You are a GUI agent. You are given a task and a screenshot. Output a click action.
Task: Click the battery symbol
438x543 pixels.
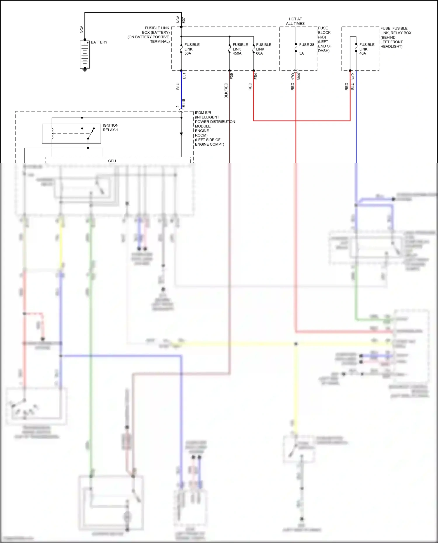pyautogui.click(x=85, y=55)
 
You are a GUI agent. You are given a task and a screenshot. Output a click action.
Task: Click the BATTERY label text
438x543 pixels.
pyautogui.click(x=99, y=42)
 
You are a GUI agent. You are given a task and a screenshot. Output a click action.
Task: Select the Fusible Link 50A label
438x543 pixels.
pyautogui.click(x=192, y=49)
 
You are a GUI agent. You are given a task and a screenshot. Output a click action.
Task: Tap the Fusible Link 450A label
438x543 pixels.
pyautogui.click(x=240, y=49)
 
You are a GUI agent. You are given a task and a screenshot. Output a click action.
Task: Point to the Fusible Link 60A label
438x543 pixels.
pyautogui.click(x=263, y=49)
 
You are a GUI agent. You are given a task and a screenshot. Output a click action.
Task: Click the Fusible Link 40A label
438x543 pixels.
pyautogui.click(x=366, y=49)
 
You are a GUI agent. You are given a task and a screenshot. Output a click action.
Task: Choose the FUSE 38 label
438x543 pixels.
pyautogui.click(x=306, y=45)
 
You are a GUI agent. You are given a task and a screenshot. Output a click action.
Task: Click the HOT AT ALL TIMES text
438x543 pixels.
pyautogui.click(x=295, y=21)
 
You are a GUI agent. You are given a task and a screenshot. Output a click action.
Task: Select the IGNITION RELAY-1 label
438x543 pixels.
pyautogui.click(x=110, y=128)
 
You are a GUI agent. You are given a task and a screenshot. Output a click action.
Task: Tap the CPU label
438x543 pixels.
pyautogui.click(x=112, y=161)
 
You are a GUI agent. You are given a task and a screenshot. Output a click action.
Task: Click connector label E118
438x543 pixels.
pyautogui.click(x=184, y=103)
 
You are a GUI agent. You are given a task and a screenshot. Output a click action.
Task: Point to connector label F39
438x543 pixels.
pyautogui.click(x=232, y=76)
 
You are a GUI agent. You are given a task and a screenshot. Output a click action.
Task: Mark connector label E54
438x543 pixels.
pyautogui.click(x=255, y=76)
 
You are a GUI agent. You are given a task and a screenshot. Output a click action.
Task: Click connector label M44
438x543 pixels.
pyautogui.click(x=299, y=76)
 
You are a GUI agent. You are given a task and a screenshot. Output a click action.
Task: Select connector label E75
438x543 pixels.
pyautogui.click(x=352, y=76)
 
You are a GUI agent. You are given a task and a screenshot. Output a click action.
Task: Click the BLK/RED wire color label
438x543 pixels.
pyautogui.click(x=226, y=90)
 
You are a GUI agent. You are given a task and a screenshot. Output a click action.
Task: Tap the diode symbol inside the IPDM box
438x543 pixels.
pyautogui.click(x=181, y=134)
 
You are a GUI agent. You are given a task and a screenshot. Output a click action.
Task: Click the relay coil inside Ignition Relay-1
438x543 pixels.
pyautogui.click(x=52, y=133)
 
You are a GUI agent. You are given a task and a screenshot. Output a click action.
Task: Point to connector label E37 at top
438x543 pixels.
pyautogui.click(x=184, y=20)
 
